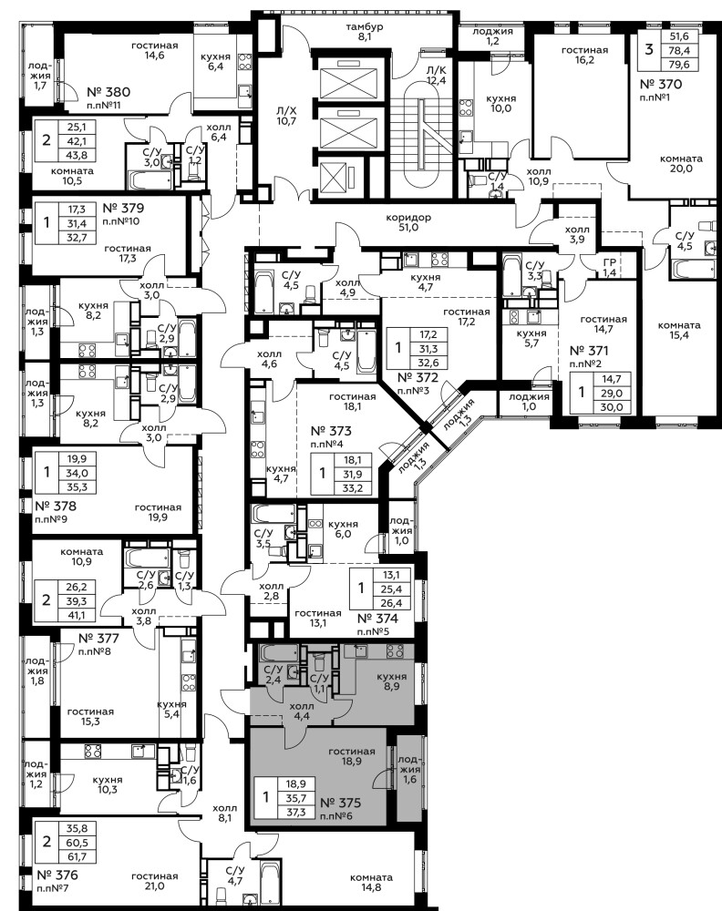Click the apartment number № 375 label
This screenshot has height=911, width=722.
point(341,803)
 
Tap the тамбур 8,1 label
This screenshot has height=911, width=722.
point(365,32)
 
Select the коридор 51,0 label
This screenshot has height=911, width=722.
point(408,222)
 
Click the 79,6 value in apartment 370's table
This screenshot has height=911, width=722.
point(679,65)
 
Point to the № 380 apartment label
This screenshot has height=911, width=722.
point(108,92)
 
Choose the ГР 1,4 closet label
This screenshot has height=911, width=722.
point(609,268)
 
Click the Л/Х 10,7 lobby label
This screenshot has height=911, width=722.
point(286,116)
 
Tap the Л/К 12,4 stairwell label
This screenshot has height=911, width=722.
point(436,76)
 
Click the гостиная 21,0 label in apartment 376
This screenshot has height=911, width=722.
point(155,881)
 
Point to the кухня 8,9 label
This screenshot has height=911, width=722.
point(392,681)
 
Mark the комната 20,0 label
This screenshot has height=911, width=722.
point(681,163)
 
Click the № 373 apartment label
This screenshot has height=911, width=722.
point(331,431)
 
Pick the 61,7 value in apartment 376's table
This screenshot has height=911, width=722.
point(77,856)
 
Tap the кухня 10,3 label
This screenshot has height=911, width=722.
point(108,785)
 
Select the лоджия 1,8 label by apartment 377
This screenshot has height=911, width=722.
point(36,670)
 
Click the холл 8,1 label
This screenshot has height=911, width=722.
point(225,813)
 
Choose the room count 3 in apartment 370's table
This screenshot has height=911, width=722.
point(649,49)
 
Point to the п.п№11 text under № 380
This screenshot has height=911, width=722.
point(104,106)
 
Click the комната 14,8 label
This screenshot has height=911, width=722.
point(371,881)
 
